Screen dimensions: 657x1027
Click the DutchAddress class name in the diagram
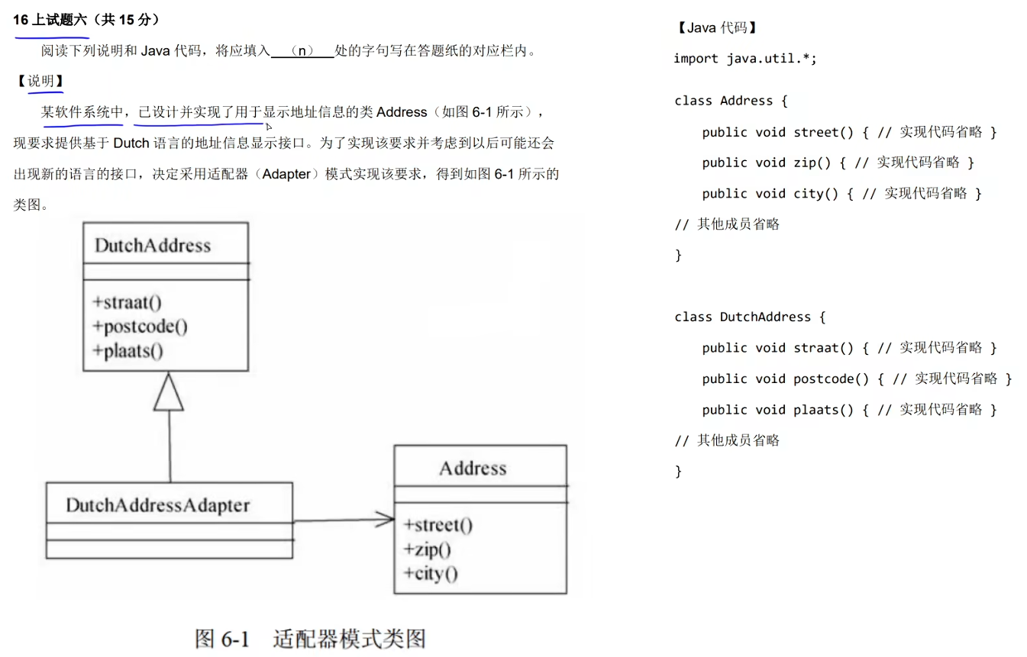[x=152, y=246]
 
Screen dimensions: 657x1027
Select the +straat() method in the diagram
[x=128, y=302]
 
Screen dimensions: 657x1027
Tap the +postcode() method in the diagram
[x=140, y=327]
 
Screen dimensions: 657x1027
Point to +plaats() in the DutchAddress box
[x=128, y=351]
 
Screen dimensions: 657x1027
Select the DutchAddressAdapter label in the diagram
[x=157, y=505]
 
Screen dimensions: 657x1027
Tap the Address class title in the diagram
[x=473, y=468]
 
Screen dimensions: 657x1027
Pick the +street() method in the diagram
[x=439, y=525]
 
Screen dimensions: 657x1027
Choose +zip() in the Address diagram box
[x=428, y=549]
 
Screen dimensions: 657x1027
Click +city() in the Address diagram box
[x=431, y=573]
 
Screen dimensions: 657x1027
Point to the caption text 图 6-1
[x=222, y=639]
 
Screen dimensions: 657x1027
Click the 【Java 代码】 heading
[x=716, y=28]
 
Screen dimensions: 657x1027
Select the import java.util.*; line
[x=744, y=59]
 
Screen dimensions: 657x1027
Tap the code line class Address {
[x=731, y=101]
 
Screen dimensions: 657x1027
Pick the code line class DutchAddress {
[x=750, y=317]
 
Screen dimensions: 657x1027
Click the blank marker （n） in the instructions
[x=303, y=51]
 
